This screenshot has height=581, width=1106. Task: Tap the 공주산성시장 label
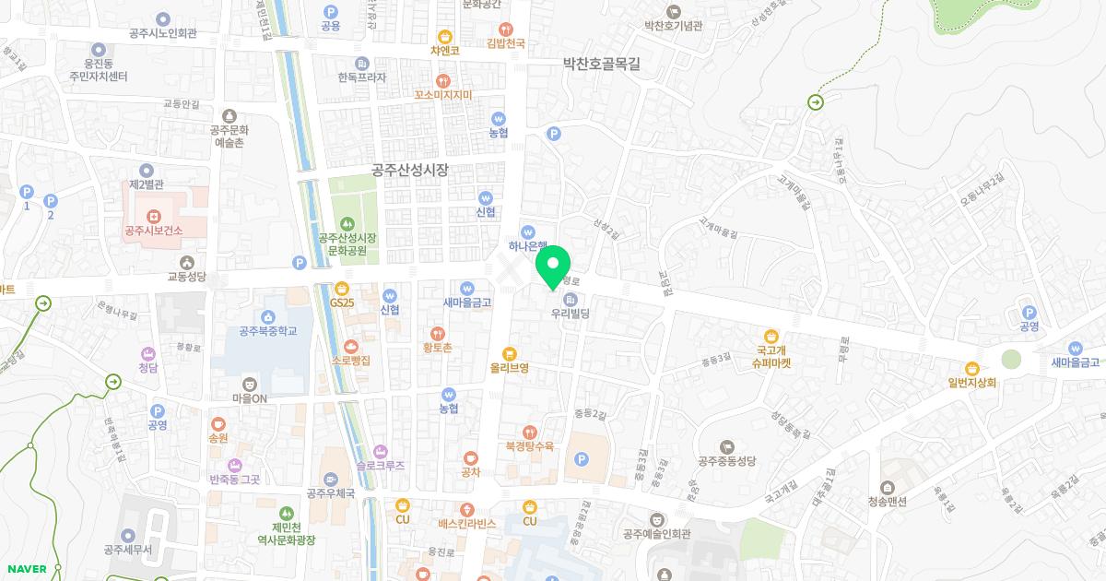coord(409,170)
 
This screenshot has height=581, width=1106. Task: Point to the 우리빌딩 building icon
coord(571,299)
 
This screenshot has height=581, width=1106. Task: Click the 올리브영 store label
coord(509,367)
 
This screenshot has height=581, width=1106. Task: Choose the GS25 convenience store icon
coord(342,287)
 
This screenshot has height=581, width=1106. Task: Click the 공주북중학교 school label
coord(268,331)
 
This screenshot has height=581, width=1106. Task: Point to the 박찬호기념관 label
coord(674,25)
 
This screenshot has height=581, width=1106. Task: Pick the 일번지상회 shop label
coord(971,382)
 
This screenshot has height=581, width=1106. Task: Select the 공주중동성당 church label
coord(727,461)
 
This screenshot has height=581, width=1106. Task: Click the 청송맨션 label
coord(887,502)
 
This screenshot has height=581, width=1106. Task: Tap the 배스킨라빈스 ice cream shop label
coord(467,523)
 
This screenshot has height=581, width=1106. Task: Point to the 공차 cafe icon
coord(471,457)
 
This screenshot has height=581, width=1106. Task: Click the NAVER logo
coord(26,569)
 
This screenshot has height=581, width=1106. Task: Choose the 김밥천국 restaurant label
coord(505,43)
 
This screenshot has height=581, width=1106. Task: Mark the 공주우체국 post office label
coord(331,492)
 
